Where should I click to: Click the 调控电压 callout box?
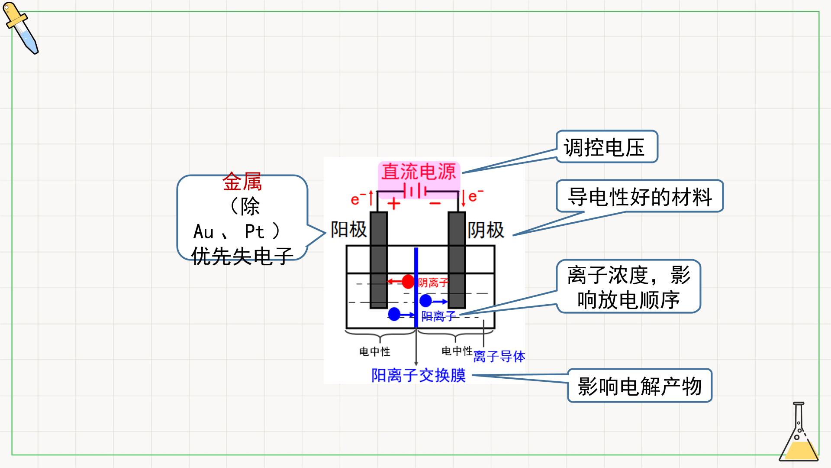point(607,147)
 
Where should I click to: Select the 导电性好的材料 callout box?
point(640,196)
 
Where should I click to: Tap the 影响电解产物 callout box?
point(640,386)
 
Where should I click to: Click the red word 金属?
point(242,182)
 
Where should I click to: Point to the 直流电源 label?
point(419,172)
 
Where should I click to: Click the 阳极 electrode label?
point(348,229)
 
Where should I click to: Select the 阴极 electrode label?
point(486,230)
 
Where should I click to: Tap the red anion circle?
point(408,282)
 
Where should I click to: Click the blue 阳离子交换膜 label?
point(419,375)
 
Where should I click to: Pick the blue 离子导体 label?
point(499,357)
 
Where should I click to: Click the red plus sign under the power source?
point(393,203)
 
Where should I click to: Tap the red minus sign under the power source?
point(435,203)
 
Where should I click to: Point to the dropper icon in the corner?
point(20,28)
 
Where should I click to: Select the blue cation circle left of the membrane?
point(394,314)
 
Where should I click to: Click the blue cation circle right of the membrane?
point(425,301)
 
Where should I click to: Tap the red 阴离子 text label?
point(433,283)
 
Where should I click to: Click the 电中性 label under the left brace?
point(375,351)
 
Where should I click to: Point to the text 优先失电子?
point(242,256)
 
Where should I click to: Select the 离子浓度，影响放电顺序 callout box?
point(628,286)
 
